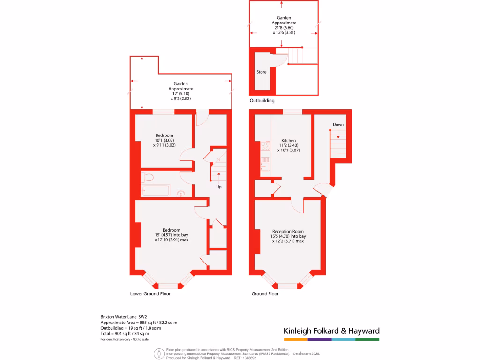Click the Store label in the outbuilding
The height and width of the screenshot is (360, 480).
[x=261, y=72]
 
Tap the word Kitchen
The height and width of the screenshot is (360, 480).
[x=288, y=141]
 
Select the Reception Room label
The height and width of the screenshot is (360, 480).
[x=288, y=232]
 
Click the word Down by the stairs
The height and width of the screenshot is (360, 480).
[x=338, y=125]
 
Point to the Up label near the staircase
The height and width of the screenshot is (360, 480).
[x=218, y=187]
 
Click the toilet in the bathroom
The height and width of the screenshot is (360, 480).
[x=148, y=177]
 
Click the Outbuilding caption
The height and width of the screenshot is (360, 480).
[x=262, y=101]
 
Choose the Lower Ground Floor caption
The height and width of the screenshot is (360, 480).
[x=150, y=294]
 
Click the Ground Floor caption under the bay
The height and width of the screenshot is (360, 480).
[x=265, y=294]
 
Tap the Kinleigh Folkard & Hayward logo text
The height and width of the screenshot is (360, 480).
[x=331, y=331]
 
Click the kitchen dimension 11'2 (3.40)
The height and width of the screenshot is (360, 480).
[x=288, y=145]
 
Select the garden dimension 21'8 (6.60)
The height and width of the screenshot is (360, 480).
[x=284, y=28]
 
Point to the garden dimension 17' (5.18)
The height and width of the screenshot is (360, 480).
[x=181, y=94]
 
